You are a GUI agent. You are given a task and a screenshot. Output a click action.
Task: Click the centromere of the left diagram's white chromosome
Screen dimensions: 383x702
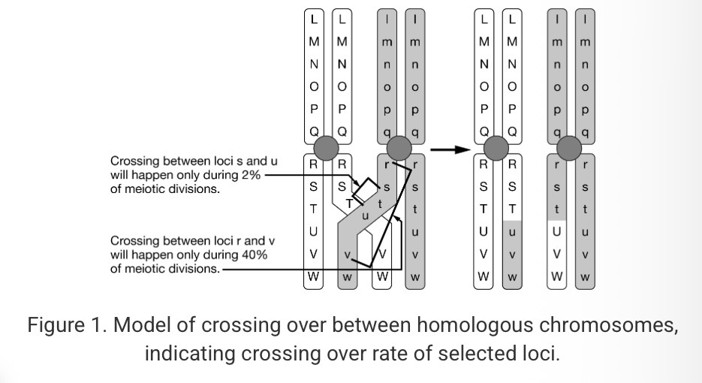pos(328,148)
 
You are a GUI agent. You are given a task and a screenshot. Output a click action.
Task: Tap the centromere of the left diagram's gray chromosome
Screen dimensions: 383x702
pos(399,148)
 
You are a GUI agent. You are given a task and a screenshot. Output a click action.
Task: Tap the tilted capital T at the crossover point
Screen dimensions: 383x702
pos(348,203)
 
